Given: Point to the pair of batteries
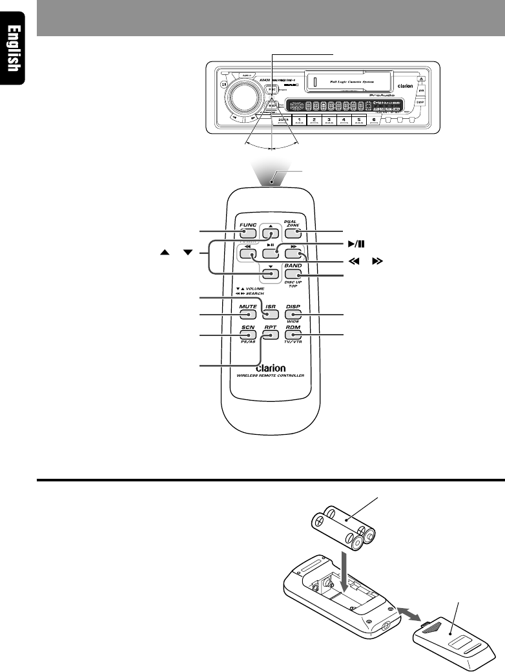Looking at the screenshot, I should coord(344,527).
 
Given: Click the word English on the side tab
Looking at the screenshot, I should coord(12,49).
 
